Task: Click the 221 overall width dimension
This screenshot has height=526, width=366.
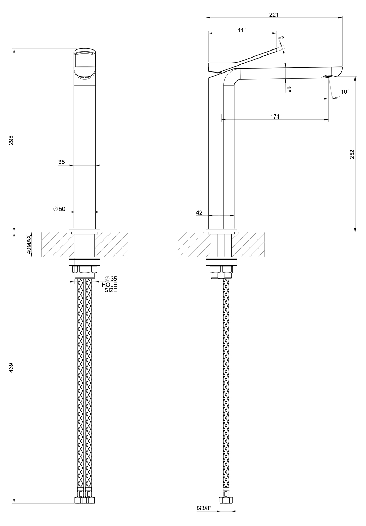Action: (274, 15)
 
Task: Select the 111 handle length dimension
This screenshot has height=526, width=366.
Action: (242, 30)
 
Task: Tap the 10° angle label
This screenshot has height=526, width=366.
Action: (345, 92)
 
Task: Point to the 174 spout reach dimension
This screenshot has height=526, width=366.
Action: (275, 116)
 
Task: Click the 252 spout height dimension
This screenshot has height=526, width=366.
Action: (352, 154)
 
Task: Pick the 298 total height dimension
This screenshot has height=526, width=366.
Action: (11, 140)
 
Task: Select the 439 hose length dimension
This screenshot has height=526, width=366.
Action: (11, 367)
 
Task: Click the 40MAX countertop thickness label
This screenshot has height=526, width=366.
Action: (29, 244)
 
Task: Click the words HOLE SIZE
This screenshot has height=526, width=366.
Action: (109, 288)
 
